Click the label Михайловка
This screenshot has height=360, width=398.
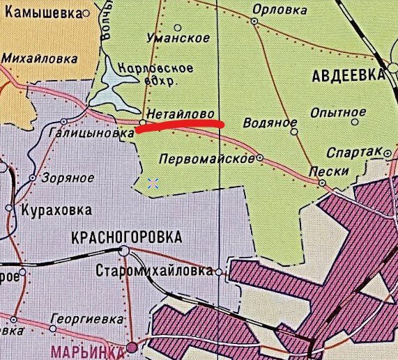tap(34, 59)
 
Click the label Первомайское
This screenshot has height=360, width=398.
tap(207, 159)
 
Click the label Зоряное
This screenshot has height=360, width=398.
tap(66, 178)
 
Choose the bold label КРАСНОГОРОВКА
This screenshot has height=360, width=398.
tap(126, 237)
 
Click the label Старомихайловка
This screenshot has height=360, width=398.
tap(154, 271)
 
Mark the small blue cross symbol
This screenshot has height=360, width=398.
tap(153, 183)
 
